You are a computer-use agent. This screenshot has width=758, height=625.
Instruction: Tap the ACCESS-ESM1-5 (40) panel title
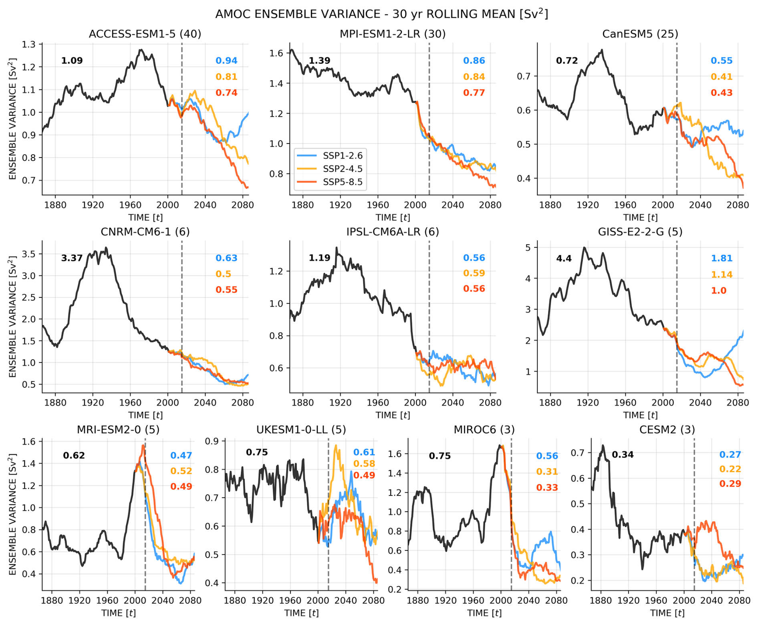(x=145, y=34)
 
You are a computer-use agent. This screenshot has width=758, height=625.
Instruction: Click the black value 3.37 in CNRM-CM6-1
(x=72, y=258)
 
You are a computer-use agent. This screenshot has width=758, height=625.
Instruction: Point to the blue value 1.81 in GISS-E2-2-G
(x=722, y=258)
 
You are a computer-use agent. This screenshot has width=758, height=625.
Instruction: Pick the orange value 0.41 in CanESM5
(x=722, y=77)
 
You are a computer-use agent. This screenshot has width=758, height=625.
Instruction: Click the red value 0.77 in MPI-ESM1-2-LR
(x=474, y=93)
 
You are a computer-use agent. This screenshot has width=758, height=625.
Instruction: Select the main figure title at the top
(x=381, y=14)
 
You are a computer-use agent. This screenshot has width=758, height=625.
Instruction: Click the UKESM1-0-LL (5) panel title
(x=301, y=430)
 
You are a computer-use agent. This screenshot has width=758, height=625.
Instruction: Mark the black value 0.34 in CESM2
(x=623, y=455)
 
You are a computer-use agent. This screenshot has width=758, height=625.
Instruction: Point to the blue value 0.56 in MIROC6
(x=547, y=456)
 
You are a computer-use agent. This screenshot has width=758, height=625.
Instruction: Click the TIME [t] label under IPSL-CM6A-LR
(x=393, y=415)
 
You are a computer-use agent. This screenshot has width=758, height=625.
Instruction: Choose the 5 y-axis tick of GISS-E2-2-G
(x=528, y=248)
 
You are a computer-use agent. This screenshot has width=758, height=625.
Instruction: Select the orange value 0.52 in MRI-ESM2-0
(x=181, y=471)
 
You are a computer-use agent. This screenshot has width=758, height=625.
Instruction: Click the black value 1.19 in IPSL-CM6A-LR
(x=319, y=258)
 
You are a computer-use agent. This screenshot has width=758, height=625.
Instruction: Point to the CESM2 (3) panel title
(x=667, y=430)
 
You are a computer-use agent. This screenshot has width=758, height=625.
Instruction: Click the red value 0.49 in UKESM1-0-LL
(x=364, y=475)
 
